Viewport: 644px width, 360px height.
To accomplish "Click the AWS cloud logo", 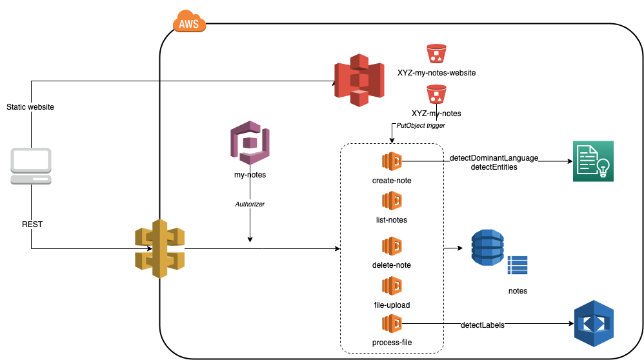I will point(189,23).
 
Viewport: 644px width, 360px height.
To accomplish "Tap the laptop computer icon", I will point(31,166).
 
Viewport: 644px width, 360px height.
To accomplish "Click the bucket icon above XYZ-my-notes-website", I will point(437,54).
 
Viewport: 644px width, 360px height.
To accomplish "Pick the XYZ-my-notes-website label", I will point(436,73).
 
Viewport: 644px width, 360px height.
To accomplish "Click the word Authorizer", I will point(250,204).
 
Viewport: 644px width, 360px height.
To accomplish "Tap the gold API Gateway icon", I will point(159,248).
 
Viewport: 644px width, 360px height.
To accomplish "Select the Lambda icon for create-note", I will point(392,161).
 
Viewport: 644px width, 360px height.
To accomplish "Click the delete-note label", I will point(392,265).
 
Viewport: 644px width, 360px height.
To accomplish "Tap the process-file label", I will point(392,342).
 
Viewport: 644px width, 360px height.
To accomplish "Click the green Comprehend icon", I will point(592,161).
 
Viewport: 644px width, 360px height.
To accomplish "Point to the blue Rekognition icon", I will point(592,323).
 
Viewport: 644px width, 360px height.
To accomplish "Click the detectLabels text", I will point(483,325).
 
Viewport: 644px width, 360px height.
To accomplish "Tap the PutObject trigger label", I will point(421,126).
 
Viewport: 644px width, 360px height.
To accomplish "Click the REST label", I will point(32,224).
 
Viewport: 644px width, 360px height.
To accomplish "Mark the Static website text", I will point(30,107).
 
